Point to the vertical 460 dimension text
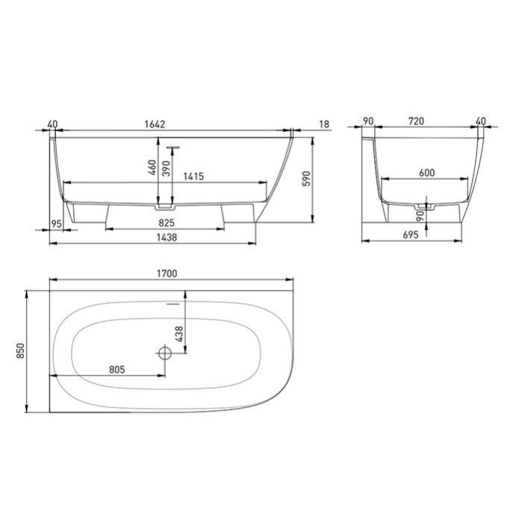[x=151, y=169]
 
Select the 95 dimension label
[x=56, y=223]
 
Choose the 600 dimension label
[x=426, y=173]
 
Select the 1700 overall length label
[x=167, y=274]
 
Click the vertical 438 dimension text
[x=178, y=335]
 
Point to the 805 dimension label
[x=115, y=369]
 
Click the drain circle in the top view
[x=165, y=351]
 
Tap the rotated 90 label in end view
[x=421, y=216]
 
